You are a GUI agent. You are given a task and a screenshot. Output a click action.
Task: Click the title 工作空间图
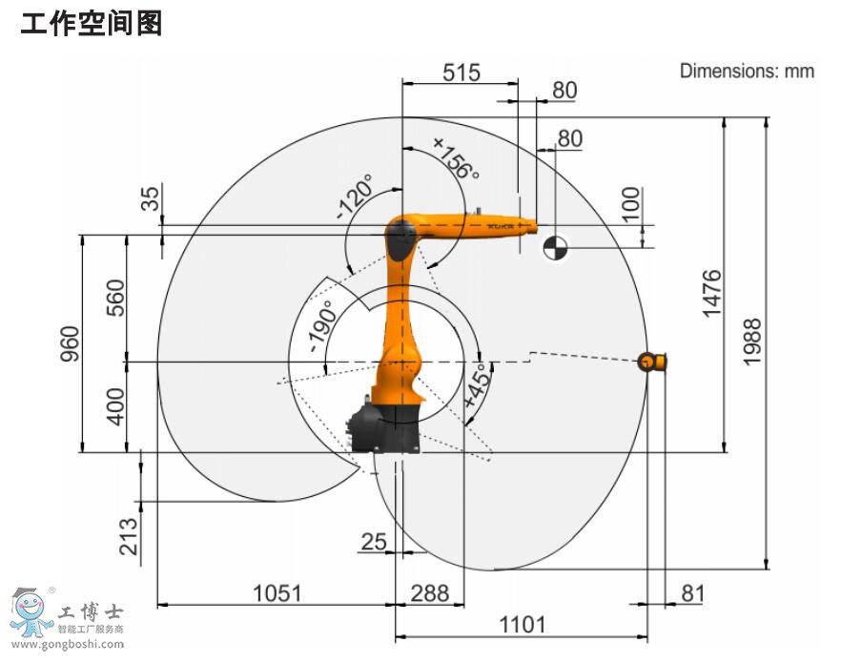[92, 23]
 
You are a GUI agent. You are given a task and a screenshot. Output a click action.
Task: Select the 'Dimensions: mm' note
[747, 71]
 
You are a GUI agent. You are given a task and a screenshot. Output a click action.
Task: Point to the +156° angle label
[456, 157]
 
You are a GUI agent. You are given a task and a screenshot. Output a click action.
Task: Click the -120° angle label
[357, 197]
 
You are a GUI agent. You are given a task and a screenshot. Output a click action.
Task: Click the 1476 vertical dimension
[711, 295]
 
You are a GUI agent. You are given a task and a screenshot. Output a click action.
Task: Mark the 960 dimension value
[68, 344]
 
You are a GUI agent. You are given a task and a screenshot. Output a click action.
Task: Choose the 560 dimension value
[113, 298]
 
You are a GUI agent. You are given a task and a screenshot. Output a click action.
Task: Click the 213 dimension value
[129, 535]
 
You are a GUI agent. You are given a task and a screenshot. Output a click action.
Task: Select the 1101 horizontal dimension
[523, 625]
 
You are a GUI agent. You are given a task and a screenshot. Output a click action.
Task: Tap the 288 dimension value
[429, 593]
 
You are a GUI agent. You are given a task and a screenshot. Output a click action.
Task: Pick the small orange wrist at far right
[652, 361]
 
